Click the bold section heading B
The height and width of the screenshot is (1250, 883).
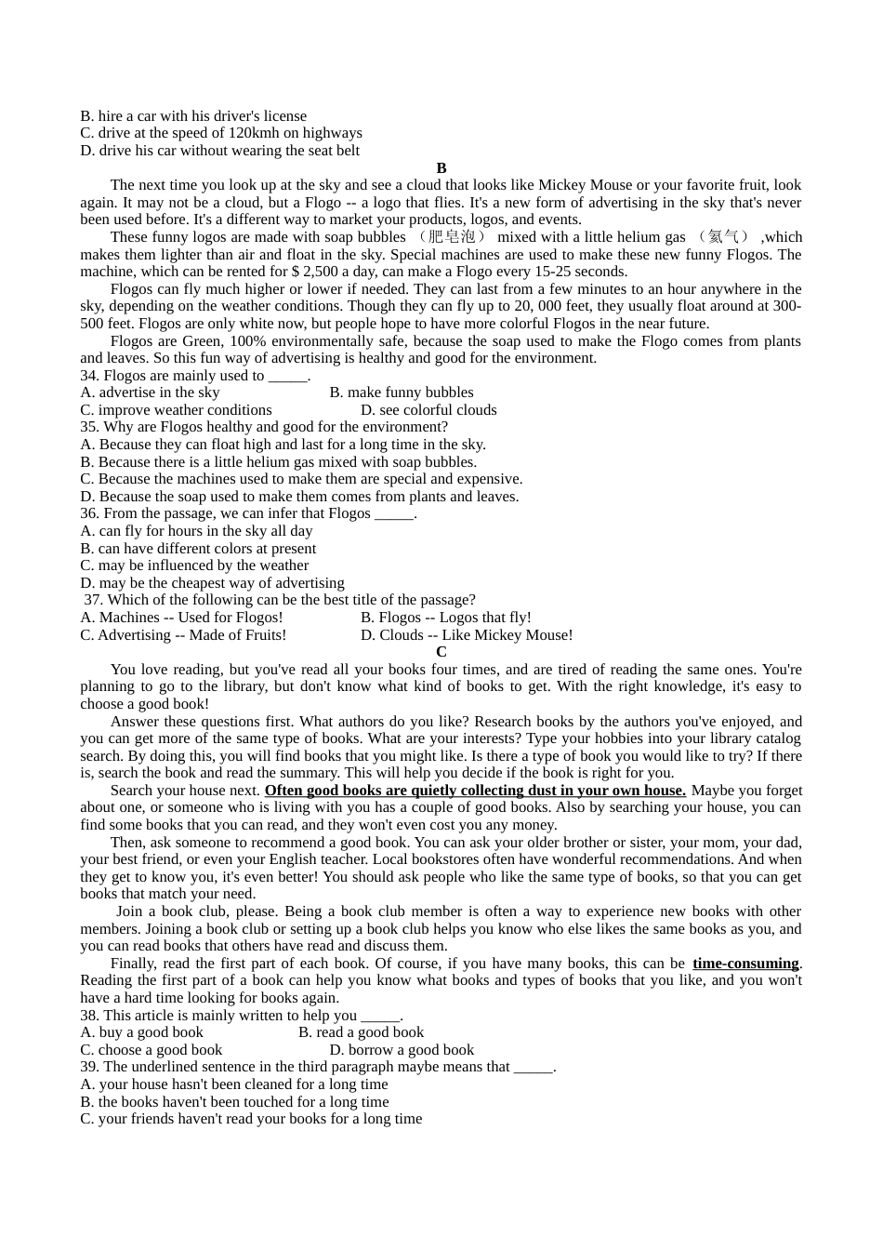pos(441,168)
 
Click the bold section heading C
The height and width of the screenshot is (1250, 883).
pos(441,652)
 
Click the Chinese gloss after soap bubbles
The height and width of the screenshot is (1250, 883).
pos(451,237)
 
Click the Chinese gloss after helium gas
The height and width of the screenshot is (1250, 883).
pos(723,237)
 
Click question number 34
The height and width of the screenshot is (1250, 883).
pos(89,376)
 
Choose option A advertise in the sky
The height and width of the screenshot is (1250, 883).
pos(151,392)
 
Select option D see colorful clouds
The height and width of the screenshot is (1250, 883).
pos(428,410)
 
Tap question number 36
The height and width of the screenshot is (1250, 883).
pos(89,513)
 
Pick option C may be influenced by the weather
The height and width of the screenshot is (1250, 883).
pos(194,565)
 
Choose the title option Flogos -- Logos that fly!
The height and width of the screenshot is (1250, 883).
pos(446,618)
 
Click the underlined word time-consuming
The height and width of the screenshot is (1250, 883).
pos(745,964)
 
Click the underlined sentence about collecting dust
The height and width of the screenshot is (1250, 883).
pos(475,791)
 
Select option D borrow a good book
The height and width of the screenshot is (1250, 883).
pos(402,1050)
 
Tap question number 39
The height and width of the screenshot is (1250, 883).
pos(89,1067)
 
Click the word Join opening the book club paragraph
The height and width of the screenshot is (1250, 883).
pos(129,911)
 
